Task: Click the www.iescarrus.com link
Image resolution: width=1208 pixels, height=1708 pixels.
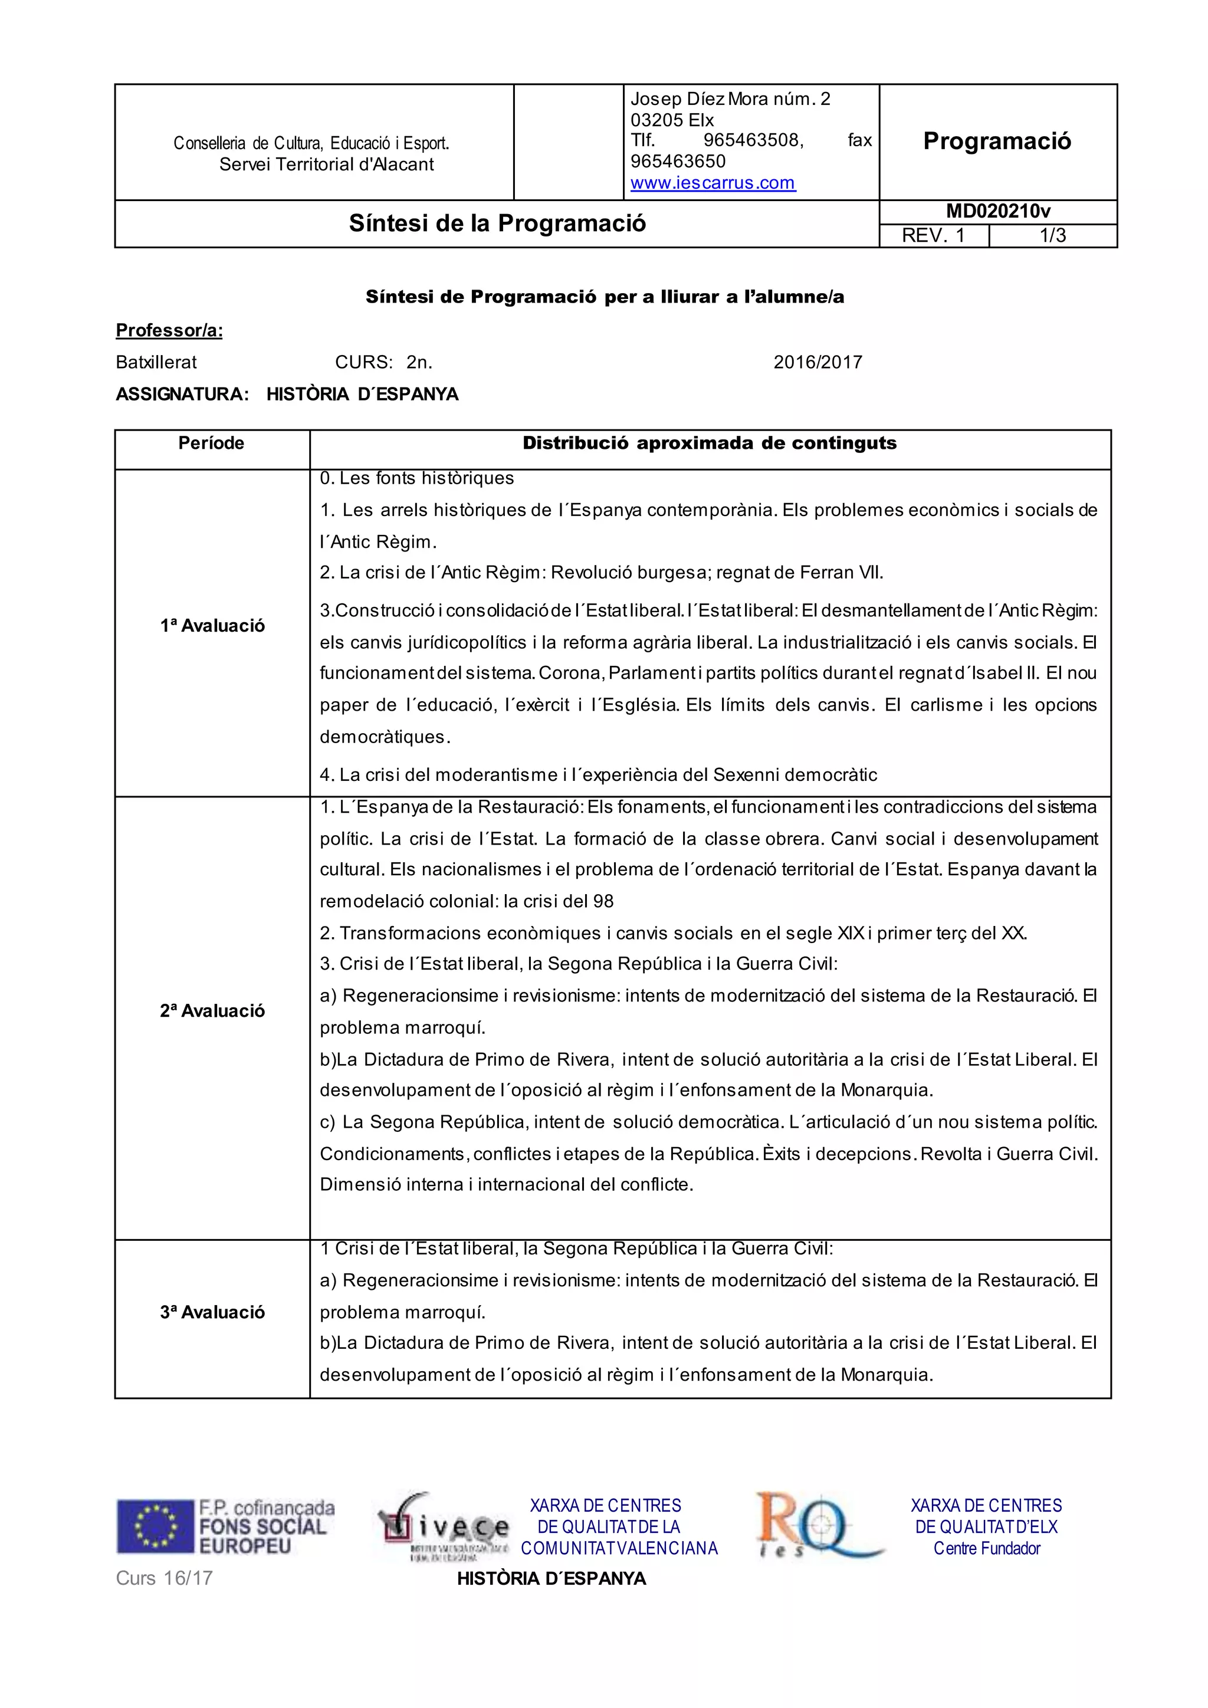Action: pos(713,182)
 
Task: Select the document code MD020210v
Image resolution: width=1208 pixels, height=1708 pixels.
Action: pos(997,211)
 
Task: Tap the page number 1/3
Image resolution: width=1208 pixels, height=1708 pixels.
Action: pos(1052,236)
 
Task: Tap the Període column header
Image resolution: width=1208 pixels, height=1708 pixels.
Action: pos(211,444)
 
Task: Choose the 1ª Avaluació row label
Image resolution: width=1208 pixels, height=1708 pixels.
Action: pos(212,626)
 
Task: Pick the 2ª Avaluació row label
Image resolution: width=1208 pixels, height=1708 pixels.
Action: pos(212,1010)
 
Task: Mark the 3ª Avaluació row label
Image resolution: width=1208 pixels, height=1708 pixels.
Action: pos(212,1312)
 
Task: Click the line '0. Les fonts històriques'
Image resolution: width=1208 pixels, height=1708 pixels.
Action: pos(416,478)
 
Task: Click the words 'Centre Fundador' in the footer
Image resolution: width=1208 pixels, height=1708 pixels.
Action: pos(986,1548)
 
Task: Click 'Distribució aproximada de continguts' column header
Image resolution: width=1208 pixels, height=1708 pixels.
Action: pos(709,444)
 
